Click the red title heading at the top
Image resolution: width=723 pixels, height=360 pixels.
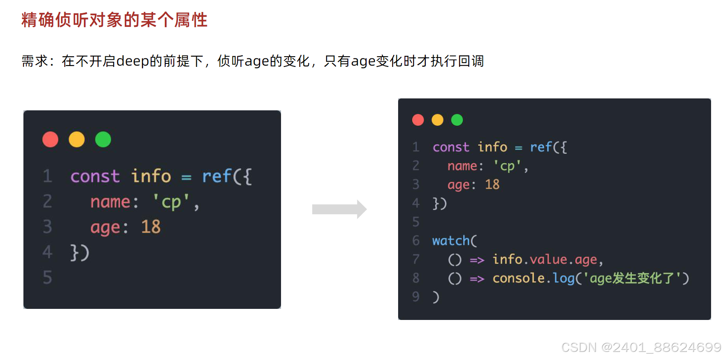coord(114,20)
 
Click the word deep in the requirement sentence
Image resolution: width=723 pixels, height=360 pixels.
coord(132,61)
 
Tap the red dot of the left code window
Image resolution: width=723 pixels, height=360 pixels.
coord(50,139)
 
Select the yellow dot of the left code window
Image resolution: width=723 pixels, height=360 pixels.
coord(77,139)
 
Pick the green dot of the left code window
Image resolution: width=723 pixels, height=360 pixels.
coord(103,139)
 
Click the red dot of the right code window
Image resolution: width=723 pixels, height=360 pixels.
coord(418,120)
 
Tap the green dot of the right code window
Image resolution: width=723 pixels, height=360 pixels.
coord(457,120)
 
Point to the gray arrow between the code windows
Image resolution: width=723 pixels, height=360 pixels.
coord(339,209)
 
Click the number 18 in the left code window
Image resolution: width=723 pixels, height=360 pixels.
coord(151,227)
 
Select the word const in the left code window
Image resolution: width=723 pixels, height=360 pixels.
coord(95,176)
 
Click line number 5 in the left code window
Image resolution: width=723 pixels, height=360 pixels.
coord(47,277)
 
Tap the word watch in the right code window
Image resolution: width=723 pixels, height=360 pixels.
coord(450,241)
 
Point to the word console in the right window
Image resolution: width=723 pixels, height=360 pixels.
coord(518,278)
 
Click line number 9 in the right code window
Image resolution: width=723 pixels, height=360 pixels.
coord(416,297)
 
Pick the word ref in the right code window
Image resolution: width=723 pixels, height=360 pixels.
coord(541,147)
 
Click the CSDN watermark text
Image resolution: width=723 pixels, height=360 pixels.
coord(641,347)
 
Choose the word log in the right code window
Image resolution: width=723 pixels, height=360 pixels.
coord(563,278)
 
